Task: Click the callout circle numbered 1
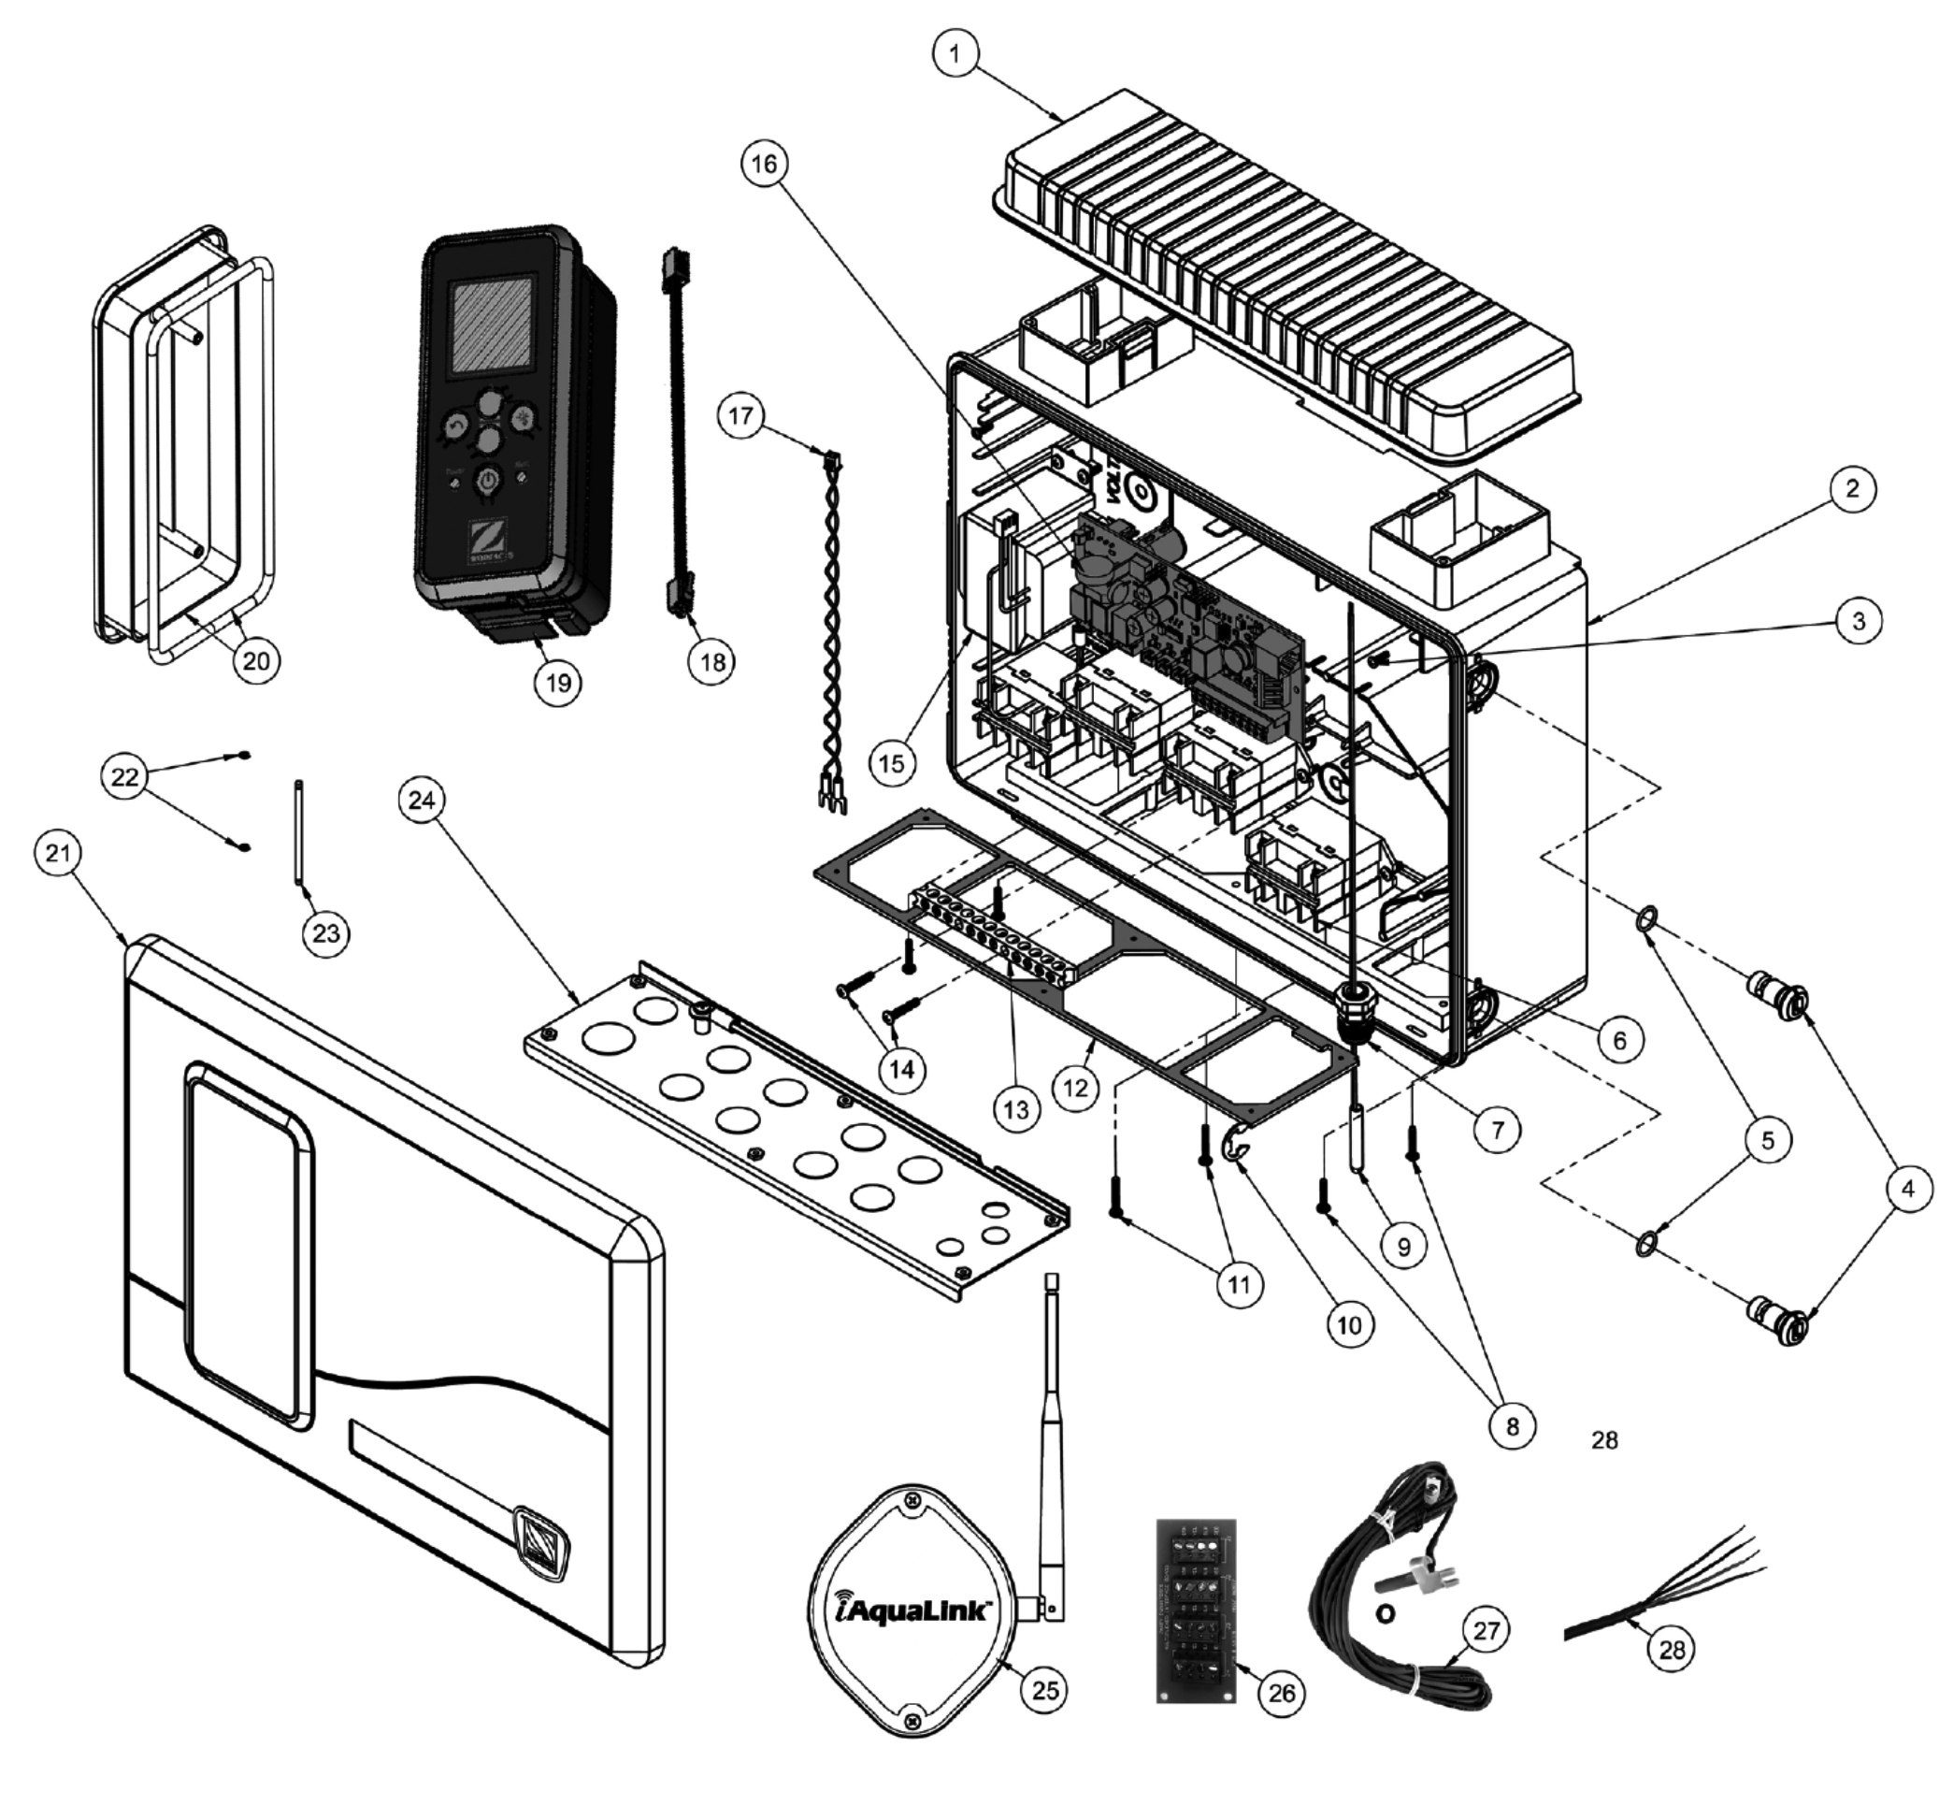[955, 54]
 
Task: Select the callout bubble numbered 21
[58, 854]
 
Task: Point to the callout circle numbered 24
[422, 801]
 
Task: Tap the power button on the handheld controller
[488, 480]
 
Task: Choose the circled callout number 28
[1672, 1650]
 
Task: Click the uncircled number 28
[1604, 1440]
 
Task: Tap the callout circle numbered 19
[558, 682]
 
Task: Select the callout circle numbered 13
[1015, 1109]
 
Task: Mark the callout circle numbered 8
[1512, 1426]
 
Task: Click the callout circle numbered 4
[1907, 1189]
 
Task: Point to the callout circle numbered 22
[125, 776]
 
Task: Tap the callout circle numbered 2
[1851, 489]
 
